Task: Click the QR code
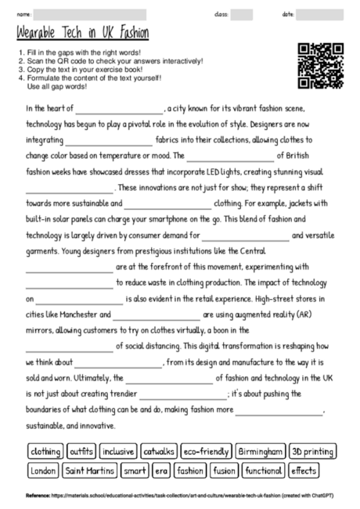pyautogui.click(x=322, y=67)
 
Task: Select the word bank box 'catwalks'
pyautogui.click(x=158, y=452)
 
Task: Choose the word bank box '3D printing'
pyautogui.click(x=312, y=452)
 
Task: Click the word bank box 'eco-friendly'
pyautogui.click(x=207, y=452)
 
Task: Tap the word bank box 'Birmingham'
pyautogui.click(x=261, y=452)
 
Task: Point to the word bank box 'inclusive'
pyautogui.click(x=118, y=452)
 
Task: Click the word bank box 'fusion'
pyautogui.click(x=224, y=471)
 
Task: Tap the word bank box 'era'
pyautogui.click(x=161, y=471)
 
